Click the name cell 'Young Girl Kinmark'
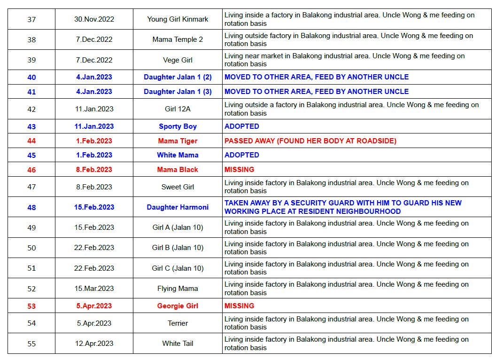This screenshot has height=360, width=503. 178,19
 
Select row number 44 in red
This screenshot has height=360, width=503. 31,141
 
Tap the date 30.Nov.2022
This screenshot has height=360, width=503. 94,19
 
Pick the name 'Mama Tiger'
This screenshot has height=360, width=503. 178,141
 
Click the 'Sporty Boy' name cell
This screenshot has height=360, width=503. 178,126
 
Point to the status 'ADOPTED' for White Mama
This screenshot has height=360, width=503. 241,155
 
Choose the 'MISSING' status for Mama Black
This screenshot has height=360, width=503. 239,170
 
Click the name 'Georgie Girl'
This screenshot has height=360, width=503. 178,306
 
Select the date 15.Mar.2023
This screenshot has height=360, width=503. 94,289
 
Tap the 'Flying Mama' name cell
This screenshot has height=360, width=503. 178,289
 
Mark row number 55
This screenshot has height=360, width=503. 31,344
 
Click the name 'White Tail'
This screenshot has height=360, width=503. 178,344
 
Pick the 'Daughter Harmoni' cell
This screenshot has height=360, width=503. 178,207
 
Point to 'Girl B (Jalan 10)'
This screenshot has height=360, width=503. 178,248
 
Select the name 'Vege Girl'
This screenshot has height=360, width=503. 178,60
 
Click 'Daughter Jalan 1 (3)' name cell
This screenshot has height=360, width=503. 178,92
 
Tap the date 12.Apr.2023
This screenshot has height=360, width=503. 94,344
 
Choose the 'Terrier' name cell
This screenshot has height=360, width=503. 178,323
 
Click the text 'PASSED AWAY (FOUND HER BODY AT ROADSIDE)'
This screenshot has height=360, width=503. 310,141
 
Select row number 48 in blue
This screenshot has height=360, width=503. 31,207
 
